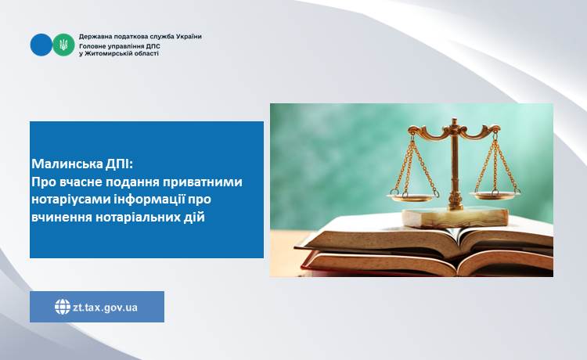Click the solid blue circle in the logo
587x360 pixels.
41,45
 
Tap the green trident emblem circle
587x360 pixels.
63,45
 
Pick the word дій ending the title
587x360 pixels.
195,217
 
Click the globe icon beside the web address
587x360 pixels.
63,307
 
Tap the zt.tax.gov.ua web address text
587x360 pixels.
105,308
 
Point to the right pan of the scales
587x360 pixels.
495,195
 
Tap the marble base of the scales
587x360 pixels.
456,218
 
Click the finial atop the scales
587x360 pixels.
455,122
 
